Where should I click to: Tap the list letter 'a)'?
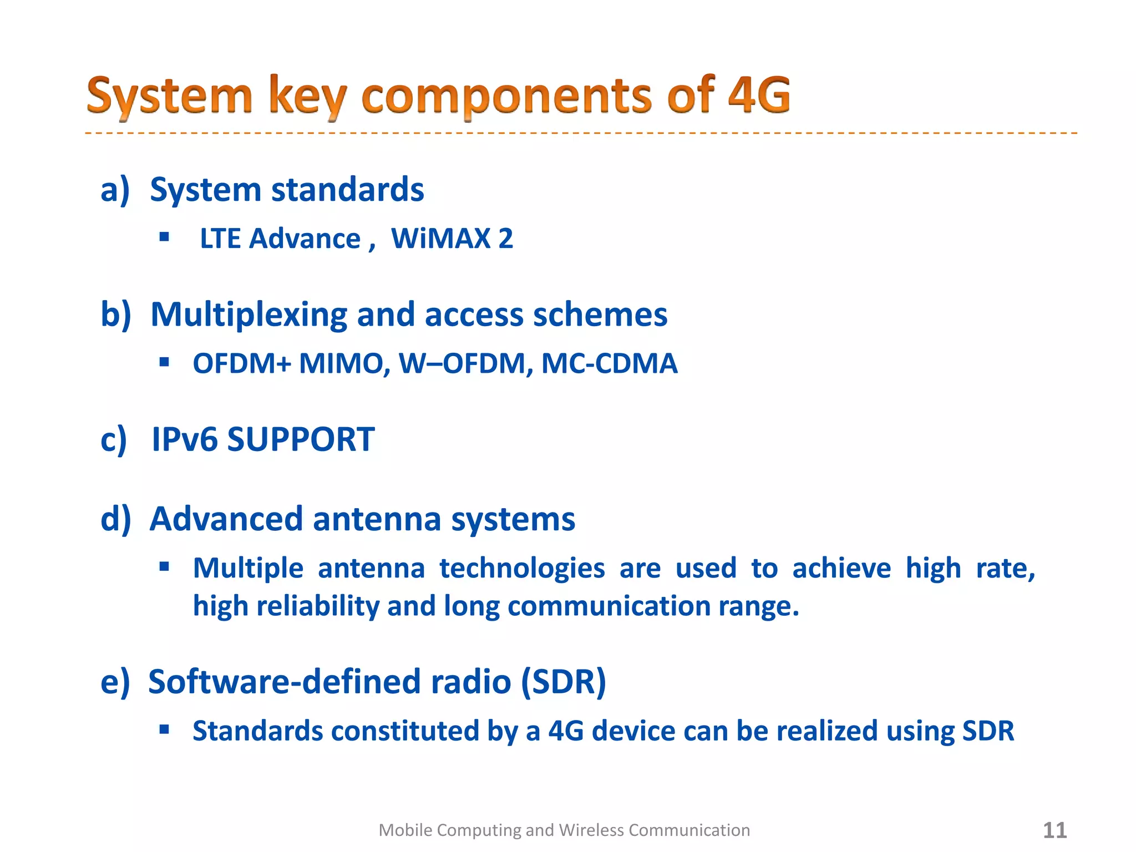[x=115, y=190]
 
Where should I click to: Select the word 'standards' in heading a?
[x=348, y=190]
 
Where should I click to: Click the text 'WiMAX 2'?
[x=452, y=239]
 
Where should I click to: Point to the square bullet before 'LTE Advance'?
[x=164, y=237]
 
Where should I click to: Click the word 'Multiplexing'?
[x=248, y=315]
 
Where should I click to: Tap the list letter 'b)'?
[x=115, y=315]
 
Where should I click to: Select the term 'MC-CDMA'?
[x=609, y=364]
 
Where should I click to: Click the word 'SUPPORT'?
[x=301, y=439]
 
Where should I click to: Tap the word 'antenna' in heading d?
[x=377, y=519]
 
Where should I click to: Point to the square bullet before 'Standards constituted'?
[x=164, y=729]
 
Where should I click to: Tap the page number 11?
[x=1054, y=830]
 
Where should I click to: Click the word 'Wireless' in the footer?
[x=591, y=830]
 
